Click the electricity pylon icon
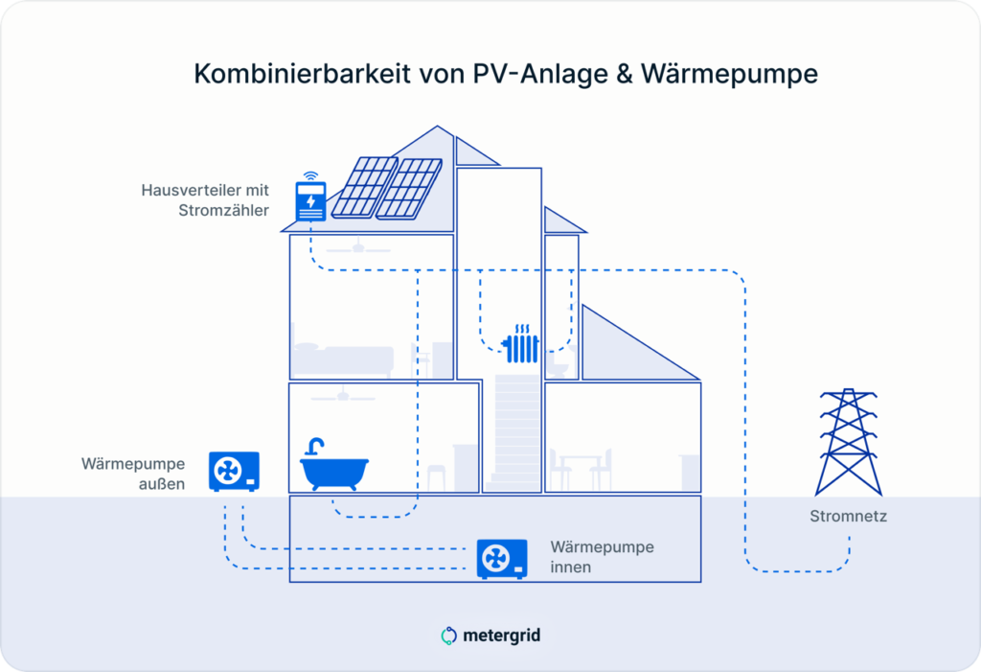849,442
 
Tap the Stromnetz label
848,516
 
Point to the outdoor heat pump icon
234,471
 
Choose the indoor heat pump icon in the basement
502,559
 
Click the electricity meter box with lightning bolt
311,201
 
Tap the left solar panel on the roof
364,187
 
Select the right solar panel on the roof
409,189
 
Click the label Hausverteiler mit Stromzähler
205,199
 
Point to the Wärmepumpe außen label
133,474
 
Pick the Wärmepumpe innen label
602,556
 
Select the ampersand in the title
625,74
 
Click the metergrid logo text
502,636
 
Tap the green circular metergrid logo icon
448,636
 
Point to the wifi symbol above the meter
310,175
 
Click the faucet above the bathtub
314,447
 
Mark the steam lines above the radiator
522,329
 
